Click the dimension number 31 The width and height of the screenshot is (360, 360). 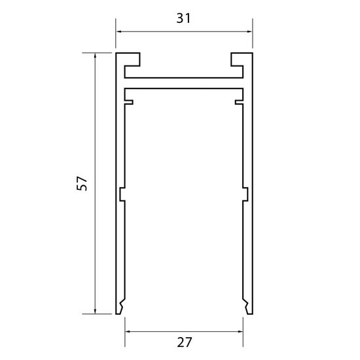[184, 18]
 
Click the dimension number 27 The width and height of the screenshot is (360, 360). [184, 342]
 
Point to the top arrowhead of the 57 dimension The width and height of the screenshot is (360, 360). [96, 56]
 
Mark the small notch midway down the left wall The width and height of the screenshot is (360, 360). [122, 194]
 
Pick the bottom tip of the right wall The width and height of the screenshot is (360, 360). [248, 312]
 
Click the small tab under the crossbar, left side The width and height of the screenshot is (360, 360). [130, 101]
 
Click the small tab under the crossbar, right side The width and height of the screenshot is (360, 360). [239, 101]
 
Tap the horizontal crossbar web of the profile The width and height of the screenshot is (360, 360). [184, 83]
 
